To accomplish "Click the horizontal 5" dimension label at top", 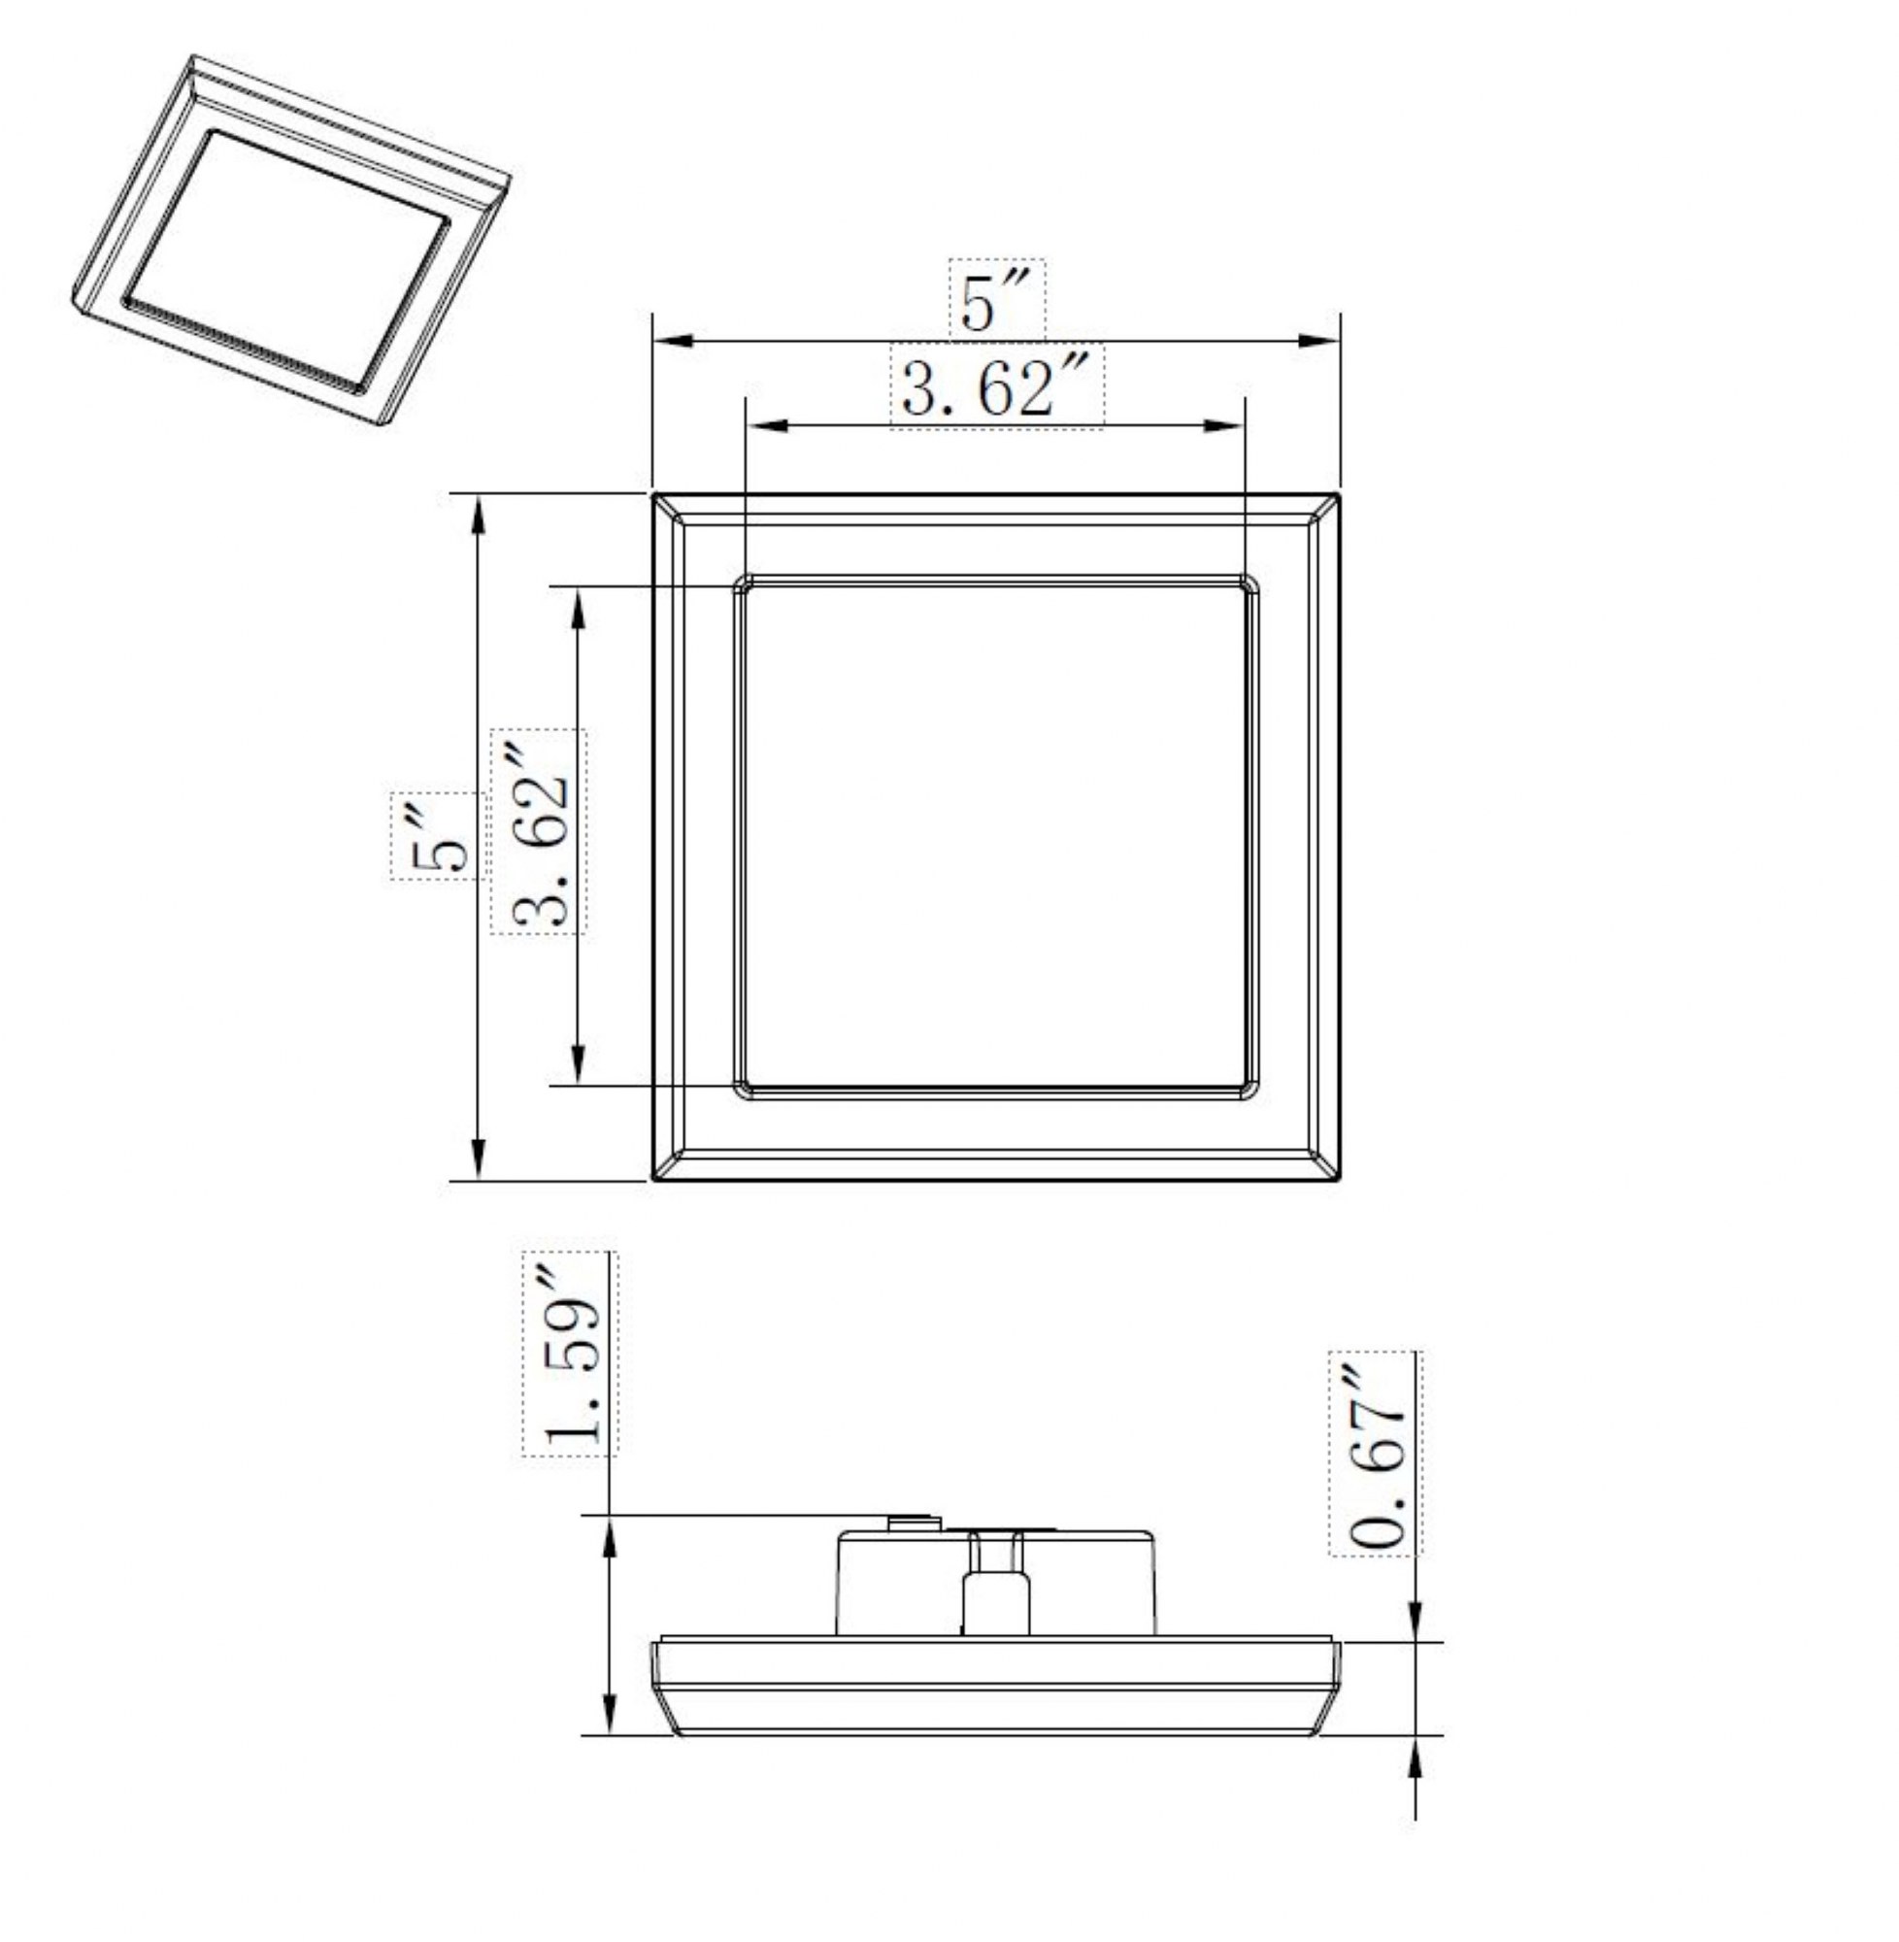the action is click(x=994, y=300).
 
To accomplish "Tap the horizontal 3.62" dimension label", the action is click(x=996, y=388).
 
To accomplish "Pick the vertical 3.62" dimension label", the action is click(x=539, y=831).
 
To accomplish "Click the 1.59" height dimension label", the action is click(x=571, y=1354).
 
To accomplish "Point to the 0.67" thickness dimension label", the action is click(x=1376, y=1453).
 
